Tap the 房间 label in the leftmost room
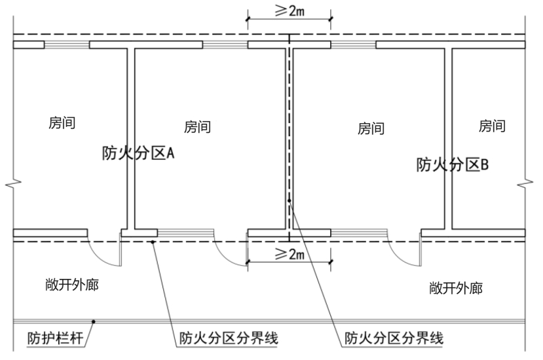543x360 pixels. click(x=62, y=123)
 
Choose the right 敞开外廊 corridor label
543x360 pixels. click(x=456, y=288)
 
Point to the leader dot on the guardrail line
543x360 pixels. click(x=94, y=321)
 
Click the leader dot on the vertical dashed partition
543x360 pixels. click(x=290, y=200)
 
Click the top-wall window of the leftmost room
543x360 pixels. click(x=67, y=45)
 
